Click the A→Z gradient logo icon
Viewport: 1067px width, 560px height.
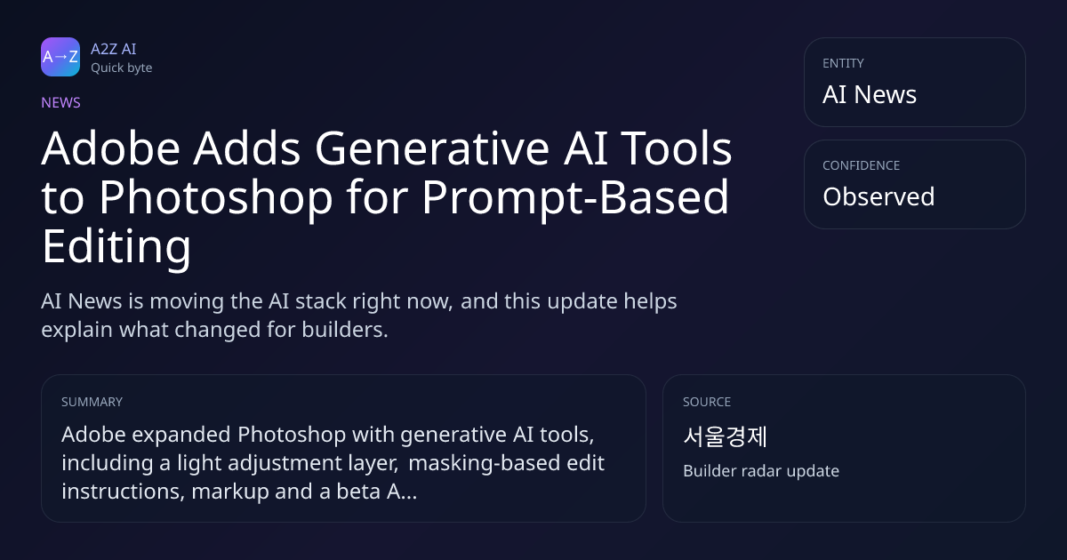tap(60, 57)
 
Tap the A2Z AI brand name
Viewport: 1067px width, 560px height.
tap(114, 49)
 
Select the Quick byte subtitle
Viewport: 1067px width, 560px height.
tap(122, 68)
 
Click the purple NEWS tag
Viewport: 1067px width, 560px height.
tap(60, 102)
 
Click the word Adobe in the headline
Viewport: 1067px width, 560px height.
tap(110, 148)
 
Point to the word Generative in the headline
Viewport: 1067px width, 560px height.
tap(432, 148)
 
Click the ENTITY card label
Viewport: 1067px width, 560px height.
tap(843, 63)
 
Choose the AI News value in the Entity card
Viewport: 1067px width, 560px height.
tap(870, 94)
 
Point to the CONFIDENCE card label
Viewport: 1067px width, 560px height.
tap(862, 165)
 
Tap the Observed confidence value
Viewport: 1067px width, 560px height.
tap(878, 196)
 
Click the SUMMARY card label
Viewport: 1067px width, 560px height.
tap(92, 402)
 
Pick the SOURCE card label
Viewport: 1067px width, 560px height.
tap(707, 402)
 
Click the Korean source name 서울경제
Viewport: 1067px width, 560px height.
tap(725, 436)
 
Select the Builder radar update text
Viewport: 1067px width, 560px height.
tap(761, 471)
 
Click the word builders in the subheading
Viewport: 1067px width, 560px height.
tap(345, 330)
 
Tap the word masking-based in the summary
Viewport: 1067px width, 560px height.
tap(484, 463)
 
